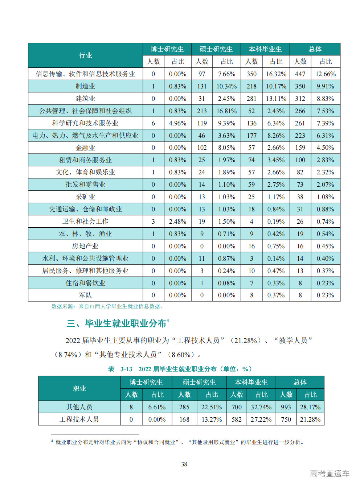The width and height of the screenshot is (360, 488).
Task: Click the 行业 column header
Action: (85, 55)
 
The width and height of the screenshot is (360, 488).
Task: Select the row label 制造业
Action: (85, 86)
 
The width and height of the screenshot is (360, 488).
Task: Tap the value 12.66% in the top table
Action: (326, 74)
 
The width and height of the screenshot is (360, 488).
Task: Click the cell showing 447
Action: (300, 74)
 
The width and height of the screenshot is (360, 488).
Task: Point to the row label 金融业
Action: (85, 148)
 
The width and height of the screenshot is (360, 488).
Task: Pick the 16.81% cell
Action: (226, 111)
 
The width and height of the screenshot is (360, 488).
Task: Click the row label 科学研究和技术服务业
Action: (85, 123)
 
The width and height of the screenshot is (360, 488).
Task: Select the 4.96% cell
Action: (177, 123)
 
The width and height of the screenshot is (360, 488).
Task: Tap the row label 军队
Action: (85, 295)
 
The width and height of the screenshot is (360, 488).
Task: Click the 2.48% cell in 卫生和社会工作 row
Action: (177, 222)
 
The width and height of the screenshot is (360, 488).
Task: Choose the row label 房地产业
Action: (85, 246)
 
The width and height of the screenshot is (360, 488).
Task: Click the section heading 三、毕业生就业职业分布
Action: (117, 323)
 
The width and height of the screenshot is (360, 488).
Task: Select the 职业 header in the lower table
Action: (79, 389)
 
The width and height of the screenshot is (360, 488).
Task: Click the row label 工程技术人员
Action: (79, 419)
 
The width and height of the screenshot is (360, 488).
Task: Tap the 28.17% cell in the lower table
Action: (310, 407)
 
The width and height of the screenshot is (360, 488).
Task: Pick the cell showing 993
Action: (286, 407)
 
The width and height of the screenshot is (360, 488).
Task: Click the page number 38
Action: (184, 464)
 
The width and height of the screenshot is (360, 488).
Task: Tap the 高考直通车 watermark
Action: (330, 473)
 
